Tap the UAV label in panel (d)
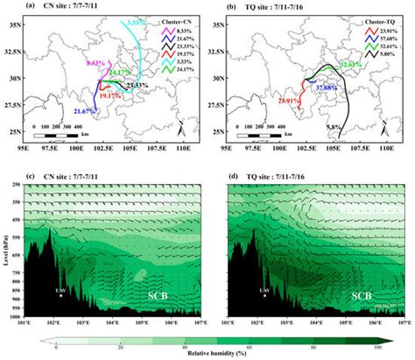(x=264, y=288)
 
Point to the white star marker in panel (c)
(x=60, y=296)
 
